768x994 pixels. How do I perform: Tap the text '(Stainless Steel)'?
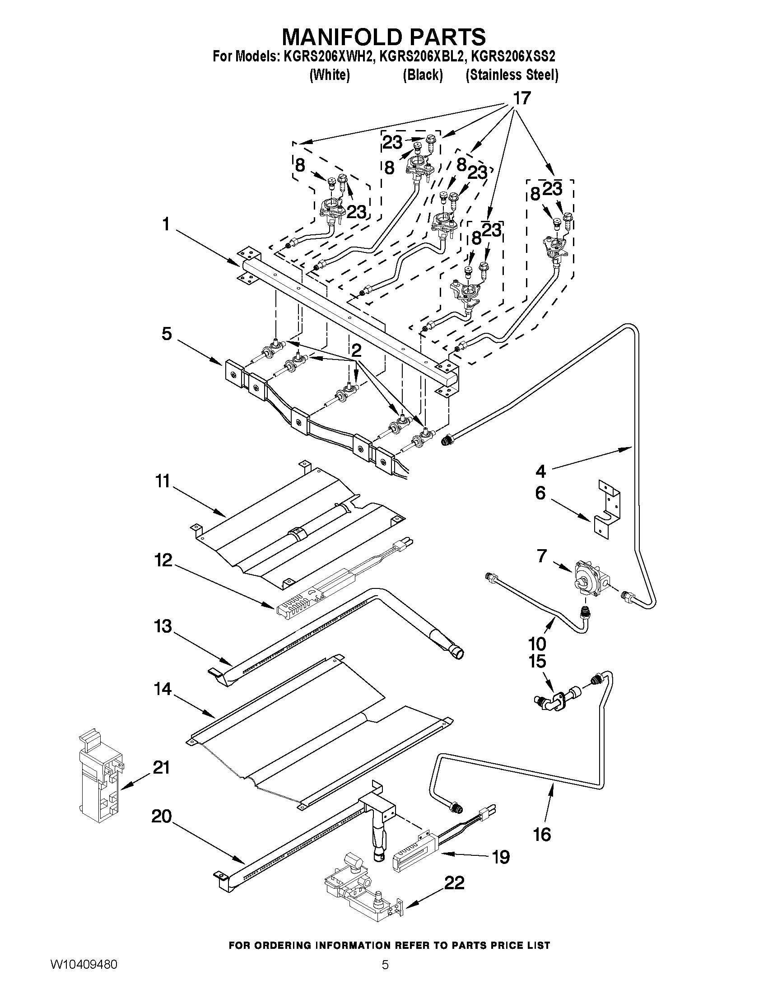click(x=512, y=75)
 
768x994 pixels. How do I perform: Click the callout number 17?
click(x=521, y=98)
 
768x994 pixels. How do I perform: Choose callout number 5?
click(x=167, y=334)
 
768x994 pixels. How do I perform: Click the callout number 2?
click(x=356, y=350)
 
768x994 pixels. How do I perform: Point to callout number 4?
click(x=540, y=471)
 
